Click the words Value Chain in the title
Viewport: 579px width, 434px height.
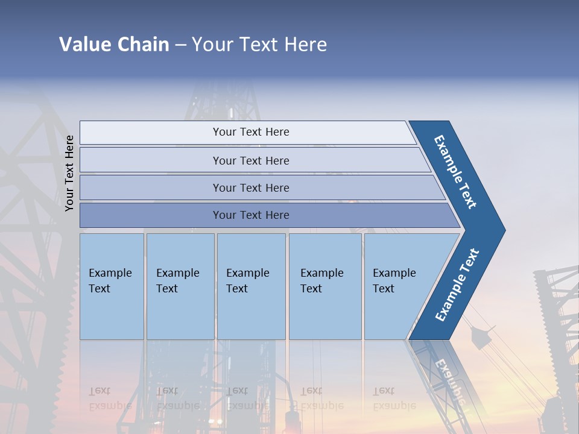click(x=114, y=45)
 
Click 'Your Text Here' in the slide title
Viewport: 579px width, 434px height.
click(x=259, y=45)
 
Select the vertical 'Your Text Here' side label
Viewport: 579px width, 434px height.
click(x=69, y=173)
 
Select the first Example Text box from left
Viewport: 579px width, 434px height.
click(x=112, y=286)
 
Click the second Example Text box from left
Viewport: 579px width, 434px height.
click(x=180, y=286)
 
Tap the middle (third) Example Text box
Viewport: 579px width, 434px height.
click(x=251, y=286)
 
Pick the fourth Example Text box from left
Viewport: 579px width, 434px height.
click(x=325, y=286)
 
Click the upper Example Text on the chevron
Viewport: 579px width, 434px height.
click(x=455, y=172)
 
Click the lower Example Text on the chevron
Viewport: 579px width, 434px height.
click(x=457, y=285)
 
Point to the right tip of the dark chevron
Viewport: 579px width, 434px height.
click(x=504, y=230)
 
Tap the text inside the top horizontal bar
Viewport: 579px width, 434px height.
click(x=251, y=132)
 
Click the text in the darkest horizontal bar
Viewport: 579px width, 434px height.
click(x=251, y=215)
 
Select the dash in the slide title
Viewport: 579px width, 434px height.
click(x=180, y=45)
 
